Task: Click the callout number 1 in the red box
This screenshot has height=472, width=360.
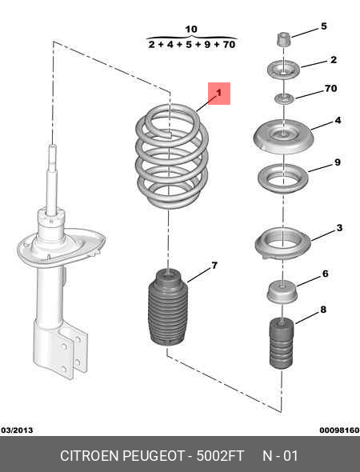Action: [219, 93]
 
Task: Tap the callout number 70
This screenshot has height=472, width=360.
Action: [330, 89]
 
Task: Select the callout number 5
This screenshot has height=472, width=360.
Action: [323, 26]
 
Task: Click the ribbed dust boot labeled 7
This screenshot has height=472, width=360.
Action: [168, 307]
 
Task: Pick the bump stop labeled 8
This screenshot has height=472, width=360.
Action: [281, 343]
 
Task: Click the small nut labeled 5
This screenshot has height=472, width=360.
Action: [284, 39]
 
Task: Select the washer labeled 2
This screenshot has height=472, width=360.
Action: [284, 70]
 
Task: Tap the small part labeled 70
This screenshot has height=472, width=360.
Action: [284, 98]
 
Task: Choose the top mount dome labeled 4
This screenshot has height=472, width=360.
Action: [284, 137]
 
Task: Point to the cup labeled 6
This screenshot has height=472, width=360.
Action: [282, 291]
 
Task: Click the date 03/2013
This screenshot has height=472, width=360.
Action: [17, 430]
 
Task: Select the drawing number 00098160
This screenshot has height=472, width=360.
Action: [339, 430]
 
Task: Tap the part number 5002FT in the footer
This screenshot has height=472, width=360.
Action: [220, 456]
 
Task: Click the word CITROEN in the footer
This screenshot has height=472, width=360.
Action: [90, 456]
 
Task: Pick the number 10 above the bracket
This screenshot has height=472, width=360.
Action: [191, 30]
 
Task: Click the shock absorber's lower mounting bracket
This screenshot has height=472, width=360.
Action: [60, 349]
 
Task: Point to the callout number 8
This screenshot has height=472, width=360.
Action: [323, 310]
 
